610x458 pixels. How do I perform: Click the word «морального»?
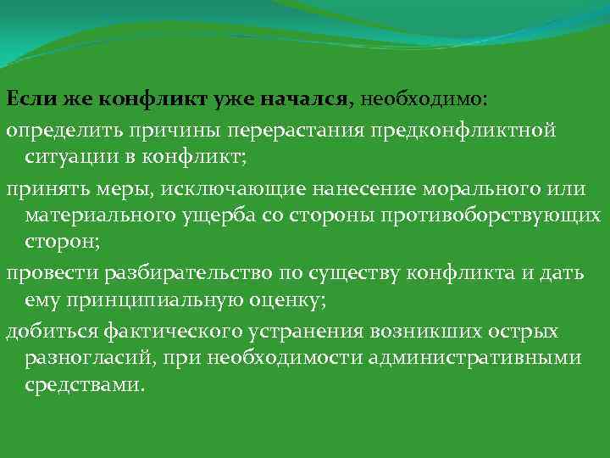pos(465,187)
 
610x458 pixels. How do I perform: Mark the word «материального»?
pos(105,215)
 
